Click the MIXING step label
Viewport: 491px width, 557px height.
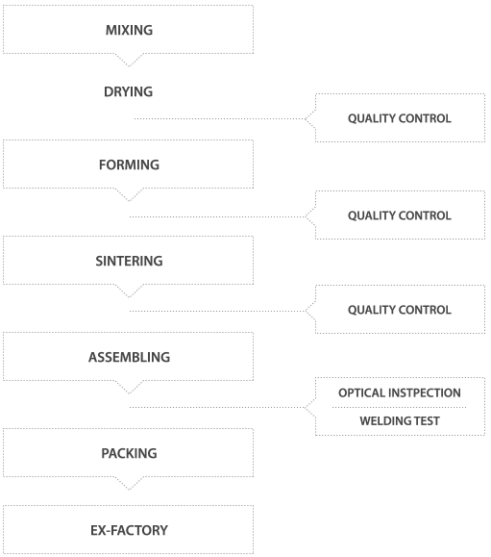(x=129, y=30)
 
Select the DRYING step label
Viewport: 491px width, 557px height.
(x=129, y=91)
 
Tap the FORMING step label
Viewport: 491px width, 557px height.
(x=129, y=165)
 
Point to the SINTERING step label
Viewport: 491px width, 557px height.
(x=129, y=261)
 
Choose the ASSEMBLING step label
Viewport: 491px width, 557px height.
(x=129, y=357)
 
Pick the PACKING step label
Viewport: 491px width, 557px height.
(x=129, y=453)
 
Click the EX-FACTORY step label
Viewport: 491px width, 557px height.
(x=129, y=530)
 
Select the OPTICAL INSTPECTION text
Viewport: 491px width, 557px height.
(x=400, y=392)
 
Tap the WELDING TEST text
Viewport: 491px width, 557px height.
(x=400, y=421)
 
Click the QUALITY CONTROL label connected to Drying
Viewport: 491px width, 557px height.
(x=400, y=118)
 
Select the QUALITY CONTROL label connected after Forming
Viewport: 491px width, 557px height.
(x=400, y=215)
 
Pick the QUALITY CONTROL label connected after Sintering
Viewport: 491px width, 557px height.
(x=400, y=310)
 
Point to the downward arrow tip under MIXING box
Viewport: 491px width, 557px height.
(x=129, y=66)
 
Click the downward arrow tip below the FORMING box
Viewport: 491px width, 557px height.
(x=129, y=201)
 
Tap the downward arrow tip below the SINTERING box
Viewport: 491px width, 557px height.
(x=129, y=296)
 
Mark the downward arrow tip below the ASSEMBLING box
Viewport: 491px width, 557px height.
(x=129, y=392)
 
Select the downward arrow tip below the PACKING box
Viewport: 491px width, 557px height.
(x=129, y=489)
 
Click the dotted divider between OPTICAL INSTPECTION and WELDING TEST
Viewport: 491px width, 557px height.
(x=399, y=408)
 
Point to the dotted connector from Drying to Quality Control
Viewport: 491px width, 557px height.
(x=220, y=118)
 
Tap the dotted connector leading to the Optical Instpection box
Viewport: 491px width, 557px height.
(x=217, y=408)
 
